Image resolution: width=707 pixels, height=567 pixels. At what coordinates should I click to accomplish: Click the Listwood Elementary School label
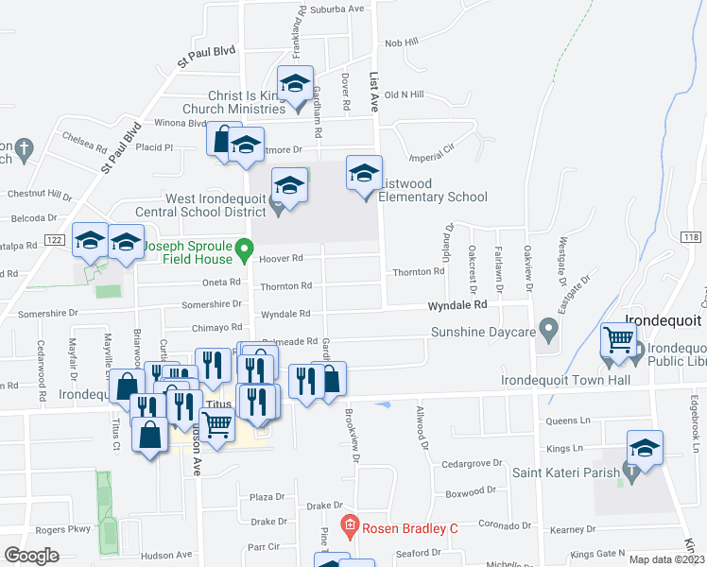(x=433, y=190)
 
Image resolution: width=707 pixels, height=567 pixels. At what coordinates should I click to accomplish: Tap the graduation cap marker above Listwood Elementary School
(x=364, y=173)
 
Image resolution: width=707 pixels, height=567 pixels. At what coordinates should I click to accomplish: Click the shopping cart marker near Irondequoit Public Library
(x=618, y=340)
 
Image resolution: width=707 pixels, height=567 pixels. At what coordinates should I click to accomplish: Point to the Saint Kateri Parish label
(x=566, y=472)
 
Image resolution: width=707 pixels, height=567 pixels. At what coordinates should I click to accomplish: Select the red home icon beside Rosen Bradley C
(x=349, y=525)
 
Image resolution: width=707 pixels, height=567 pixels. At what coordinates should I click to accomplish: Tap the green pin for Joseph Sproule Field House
(x=244, y=251)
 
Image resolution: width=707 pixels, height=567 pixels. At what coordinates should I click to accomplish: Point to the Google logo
(x=32, y=556)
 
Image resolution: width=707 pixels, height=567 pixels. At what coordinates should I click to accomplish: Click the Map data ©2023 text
(x=666, y=559)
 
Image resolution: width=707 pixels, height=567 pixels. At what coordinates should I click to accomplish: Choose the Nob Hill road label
(x=401, y=43)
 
